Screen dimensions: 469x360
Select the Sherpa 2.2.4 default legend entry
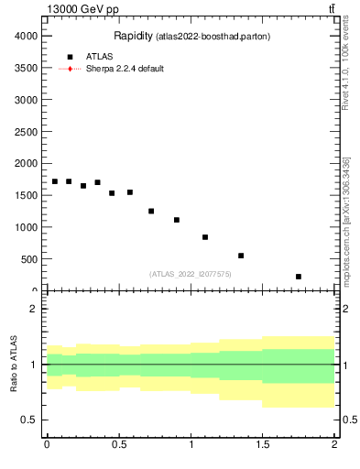coord(125,69)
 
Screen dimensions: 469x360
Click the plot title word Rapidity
coord(133,36)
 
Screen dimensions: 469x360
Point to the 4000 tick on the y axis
coord(25,35)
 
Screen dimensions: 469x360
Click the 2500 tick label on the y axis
coord(25,131)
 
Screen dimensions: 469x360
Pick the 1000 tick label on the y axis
coord(25,227)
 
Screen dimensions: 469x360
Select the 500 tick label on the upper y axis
coord(27,259)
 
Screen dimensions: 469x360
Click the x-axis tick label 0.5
coord(118,444)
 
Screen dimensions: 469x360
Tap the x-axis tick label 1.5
coord(263,444)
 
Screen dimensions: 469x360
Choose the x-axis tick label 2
coord(334,444)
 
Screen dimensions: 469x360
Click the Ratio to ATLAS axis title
coord(14,365)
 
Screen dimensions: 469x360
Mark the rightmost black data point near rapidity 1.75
coord(299,277)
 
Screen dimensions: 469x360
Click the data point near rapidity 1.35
coord(241,256)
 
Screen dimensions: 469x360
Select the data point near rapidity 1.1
coord(205,237)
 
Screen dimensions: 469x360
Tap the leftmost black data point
coord(55,181)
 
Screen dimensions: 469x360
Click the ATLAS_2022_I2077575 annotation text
coord(190,274)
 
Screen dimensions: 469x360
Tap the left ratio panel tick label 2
coord(34,309)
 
